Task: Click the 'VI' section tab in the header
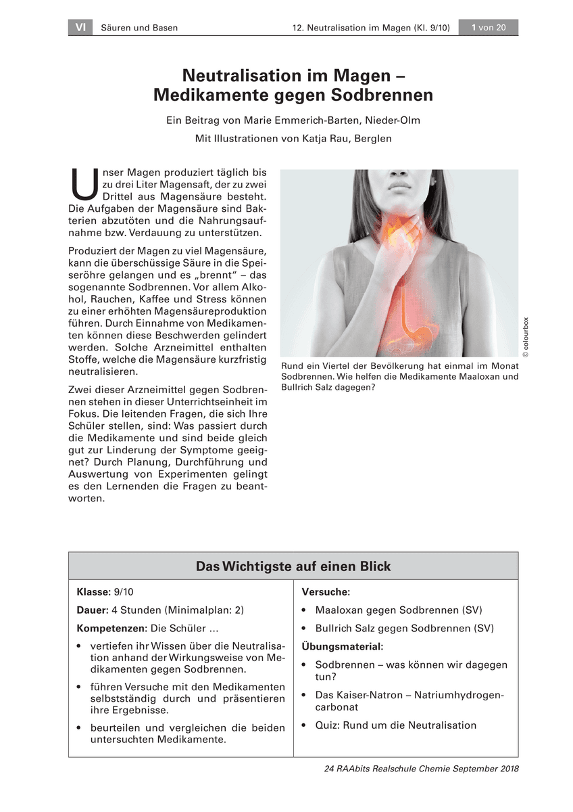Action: (80, 28)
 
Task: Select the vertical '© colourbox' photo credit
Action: (526, 337)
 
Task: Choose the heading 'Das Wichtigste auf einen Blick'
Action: (293, 566)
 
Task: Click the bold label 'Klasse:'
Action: (93, 591)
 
